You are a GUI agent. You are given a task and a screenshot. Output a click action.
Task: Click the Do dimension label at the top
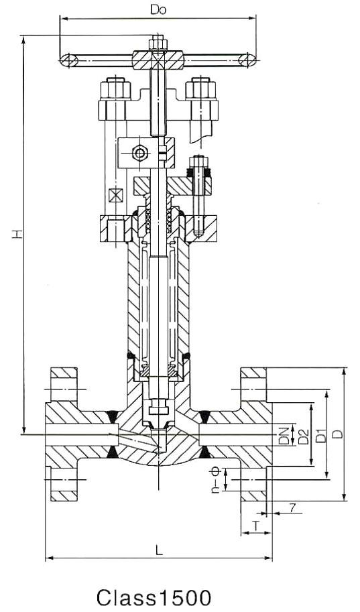(158, 10)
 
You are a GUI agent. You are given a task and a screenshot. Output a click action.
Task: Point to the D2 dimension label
(304, 436)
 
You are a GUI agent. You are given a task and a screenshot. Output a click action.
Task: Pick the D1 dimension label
(320, 435)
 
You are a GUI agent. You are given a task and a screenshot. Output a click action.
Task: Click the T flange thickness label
(255, 526)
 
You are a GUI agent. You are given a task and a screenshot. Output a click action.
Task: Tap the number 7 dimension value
(292, 507)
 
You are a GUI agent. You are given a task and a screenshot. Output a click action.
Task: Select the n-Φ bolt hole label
(216, 481)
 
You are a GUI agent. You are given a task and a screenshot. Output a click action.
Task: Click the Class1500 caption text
(154, 597)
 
